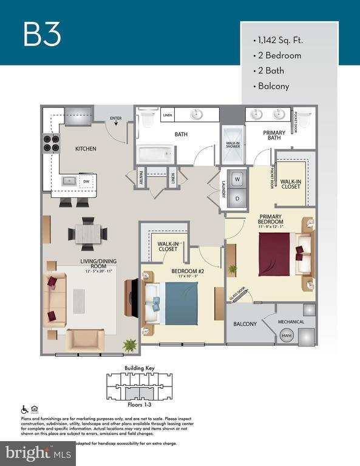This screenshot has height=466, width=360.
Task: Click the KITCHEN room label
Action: tap(86, 149)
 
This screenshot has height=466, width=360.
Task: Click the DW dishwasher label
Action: tap(86, 181)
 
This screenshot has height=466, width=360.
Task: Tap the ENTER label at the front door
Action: tap(115, 118)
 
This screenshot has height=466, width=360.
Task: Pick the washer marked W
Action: tap(237, 180)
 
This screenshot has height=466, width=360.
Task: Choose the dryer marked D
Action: tap(237, 198)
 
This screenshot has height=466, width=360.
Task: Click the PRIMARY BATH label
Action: tap(274, 135)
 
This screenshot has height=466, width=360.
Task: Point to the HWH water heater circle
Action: tap(286, 336)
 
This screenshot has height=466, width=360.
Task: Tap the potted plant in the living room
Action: tap(130, 344)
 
